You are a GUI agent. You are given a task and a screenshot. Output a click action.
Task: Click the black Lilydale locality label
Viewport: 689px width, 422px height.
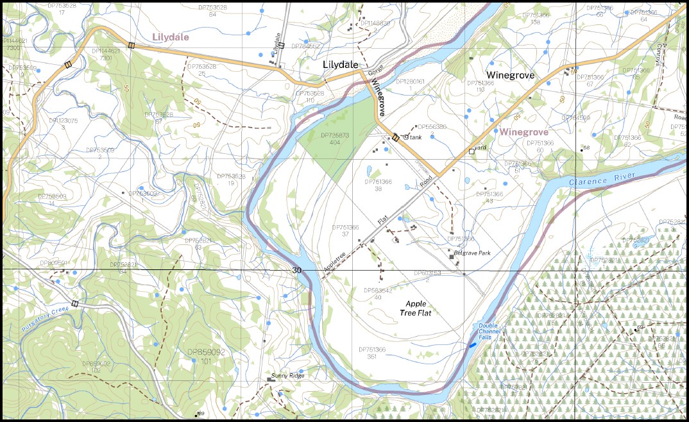point(340,65)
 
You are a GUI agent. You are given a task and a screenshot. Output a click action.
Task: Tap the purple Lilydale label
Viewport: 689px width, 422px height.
point(170,37)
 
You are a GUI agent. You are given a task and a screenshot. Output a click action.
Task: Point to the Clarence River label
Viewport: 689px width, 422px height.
point(600,179)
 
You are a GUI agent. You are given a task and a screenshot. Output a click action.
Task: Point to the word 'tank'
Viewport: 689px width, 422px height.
point(416,137)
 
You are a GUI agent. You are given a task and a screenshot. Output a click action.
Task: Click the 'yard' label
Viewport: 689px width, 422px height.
point(481,148)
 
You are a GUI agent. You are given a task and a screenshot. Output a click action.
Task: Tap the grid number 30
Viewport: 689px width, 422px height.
point(296,270)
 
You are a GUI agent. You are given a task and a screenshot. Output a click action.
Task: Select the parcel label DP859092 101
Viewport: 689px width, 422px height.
point(205,357)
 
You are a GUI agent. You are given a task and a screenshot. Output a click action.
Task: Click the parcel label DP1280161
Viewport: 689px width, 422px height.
point(411,84)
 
